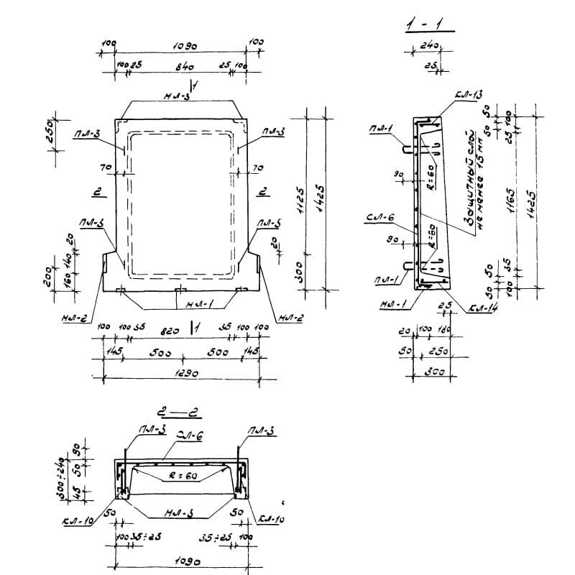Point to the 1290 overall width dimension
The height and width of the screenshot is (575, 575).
pyautogui.click(x=183, y=374)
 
